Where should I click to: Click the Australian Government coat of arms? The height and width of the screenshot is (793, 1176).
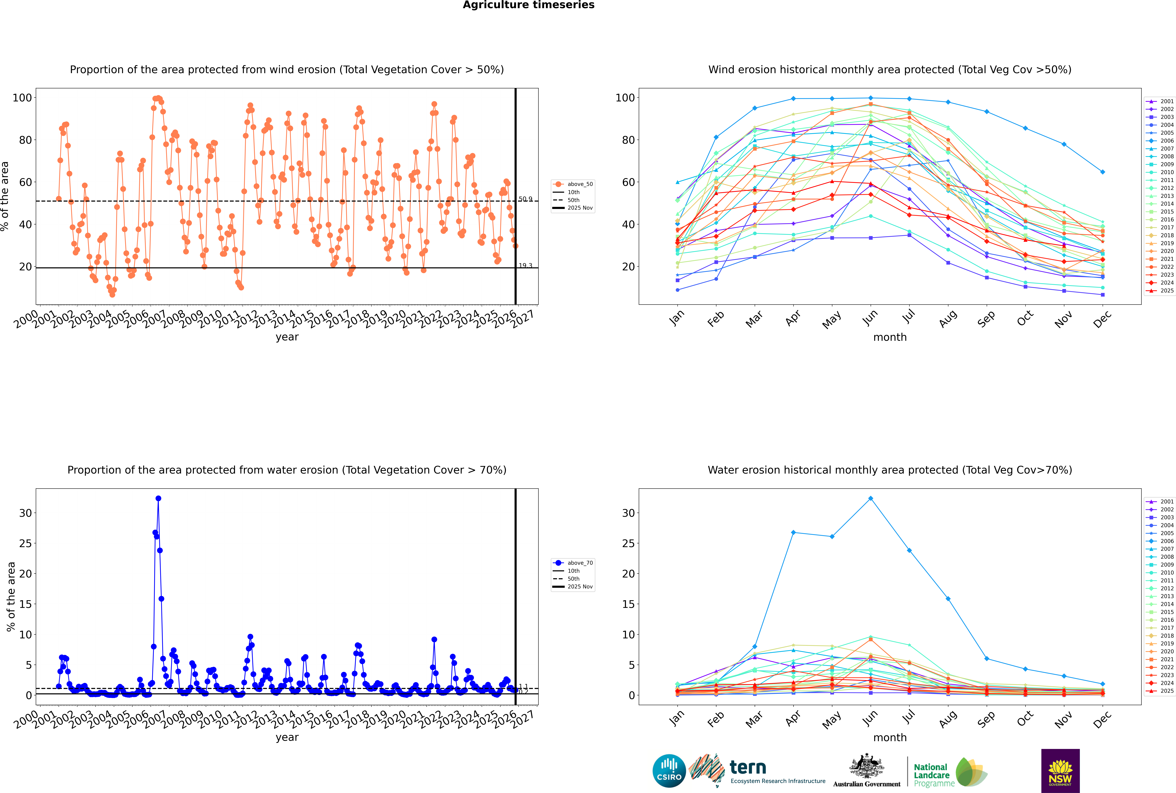[x=867, y=766]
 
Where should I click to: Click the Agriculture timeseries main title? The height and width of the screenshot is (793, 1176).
[x=528, y=5]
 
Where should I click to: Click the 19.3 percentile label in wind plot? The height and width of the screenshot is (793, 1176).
[x=525, y=265]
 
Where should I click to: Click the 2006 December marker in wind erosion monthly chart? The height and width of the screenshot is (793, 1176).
[x=1103, y=172]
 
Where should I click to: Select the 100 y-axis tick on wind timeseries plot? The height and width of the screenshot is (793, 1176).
[x=22, y=98]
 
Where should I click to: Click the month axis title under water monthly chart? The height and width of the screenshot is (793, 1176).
[x=890, y=737]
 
